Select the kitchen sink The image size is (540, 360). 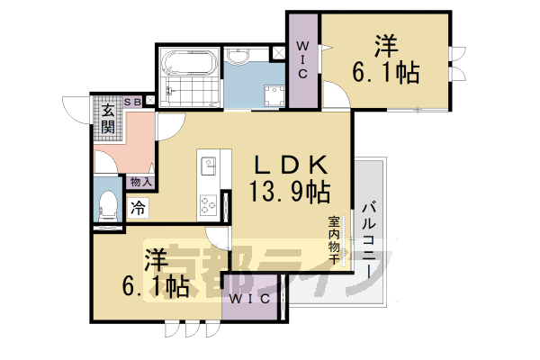click(210, 167)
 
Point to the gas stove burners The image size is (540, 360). click(210, 205)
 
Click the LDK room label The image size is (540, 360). click(287, 166)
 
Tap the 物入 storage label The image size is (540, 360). click(141, 182)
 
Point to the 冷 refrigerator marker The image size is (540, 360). click(138, 207)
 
